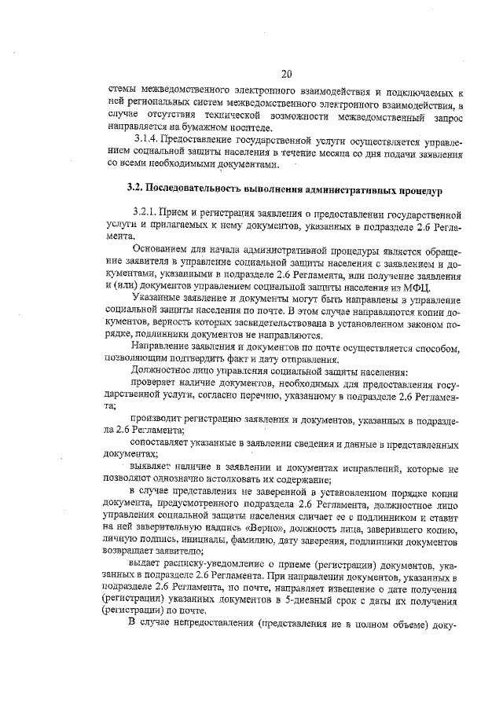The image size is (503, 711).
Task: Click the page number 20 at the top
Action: (286, 75)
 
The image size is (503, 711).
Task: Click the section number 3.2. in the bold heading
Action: (139, 189)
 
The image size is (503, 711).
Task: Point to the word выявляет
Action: (150, 468)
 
